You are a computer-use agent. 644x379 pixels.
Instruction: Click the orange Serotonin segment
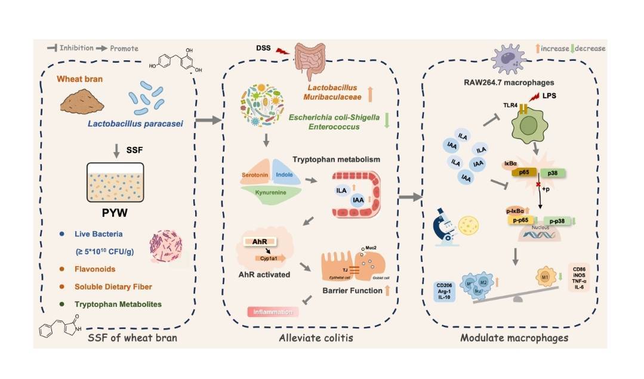tap(256, 175)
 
